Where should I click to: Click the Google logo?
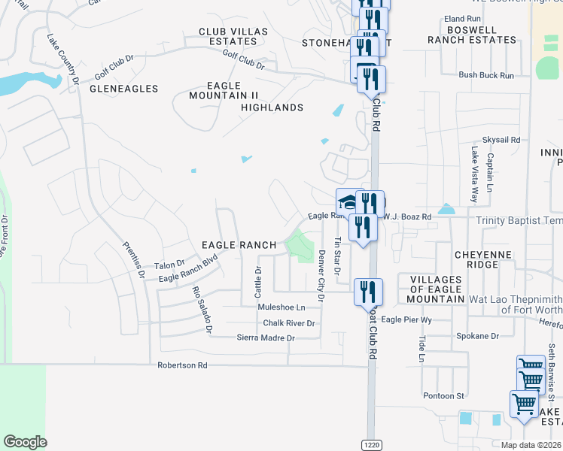tap(25, 442)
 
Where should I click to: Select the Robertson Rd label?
tap(181, 365)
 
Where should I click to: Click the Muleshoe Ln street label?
tap(281, 307)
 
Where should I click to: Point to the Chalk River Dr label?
tap(288, 323)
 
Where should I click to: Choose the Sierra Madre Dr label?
tap(265, 338)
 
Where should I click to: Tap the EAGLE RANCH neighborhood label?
tap(240, 245)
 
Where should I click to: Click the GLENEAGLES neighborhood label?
tap(124, 89)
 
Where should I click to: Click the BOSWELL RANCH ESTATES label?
tap(472, 35)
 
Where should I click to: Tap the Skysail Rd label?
tap(501, 140)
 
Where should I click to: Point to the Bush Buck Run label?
tap(486, 75)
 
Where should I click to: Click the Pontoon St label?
tap(443, 395)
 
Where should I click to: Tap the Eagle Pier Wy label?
tap(406, 319)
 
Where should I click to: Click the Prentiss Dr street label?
tap(133, 259)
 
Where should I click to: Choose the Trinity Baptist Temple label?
tap(519, 220)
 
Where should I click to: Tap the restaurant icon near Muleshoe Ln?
tap(368, 291)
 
